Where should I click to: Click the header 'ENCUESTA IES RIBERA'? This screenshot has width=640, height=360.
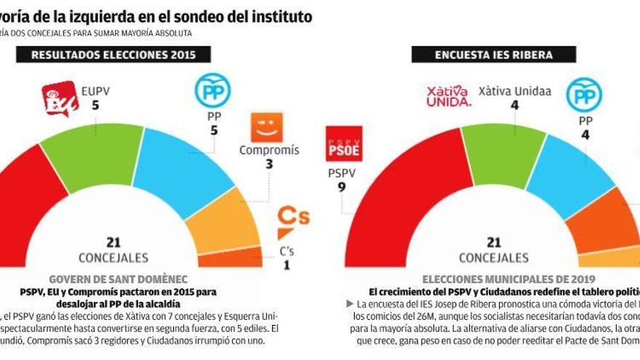pyautogui.click(x=493, y=55)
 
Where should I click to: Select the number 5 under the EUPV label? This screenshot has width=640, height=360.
pyautogui.click(x=95, y=105)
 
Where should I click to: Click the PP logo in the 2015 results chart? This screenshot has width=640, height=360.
pyautogui.click(x=212, y=92)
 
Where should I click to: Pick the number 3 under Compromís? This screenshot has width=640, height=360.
pyautogui.click(x=268, y=164)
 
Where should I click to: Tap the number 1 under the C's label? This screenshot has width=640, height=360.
pyautogui.click(x=286, y=265)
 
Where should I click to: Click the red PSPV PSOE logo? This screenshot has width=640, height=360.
pyautogui.click(x=344, y=143)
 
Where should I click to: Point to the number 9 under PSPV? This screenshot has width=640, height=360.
pyautogui.click(x=340, y=187)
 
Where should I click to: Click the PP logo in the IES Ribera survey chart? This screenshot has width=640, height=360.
pyautogui.click(x=584, y=95)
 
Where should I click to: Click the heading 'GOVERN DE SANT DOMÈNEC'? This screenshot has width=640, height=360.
pyautogui.click(x=118, y=279)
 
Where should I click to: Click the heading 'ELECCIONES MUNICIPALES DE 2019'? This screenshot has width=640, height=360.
pyautogui.click(x=509, y=279)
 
